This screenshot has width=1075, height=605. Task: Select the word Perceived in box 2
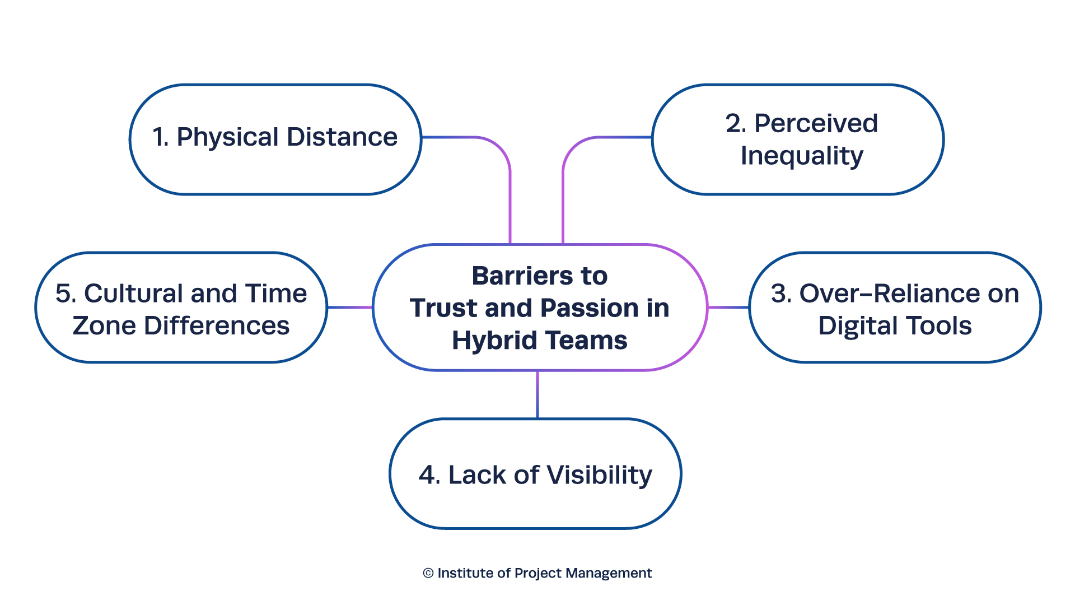(x=816, y=123)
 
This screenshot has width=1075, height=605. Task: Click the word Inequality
(x=802, y=156)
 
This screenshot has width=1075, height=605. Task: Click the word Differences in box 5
(x=217, y=326)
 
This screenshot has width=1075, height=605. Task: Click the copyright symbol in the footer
(x=428, y=573)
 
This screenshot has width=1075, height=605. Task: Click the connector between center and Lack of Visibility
(x=537, y=394)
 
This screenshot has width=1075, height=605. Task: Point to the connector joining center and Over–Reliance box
(x=728, y=307)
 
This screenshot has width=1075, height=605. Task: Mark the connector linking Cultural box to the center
(x=350, y=307)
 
